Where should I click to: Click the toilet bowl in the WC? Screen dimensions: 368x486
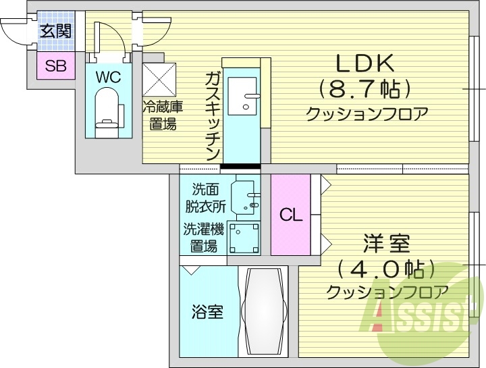(x=107, y=111)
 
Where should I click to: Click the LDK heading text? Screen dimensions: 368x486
(x=365, y=63)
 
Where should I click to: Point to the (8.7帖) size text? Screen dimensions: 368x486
(x=365, y=89)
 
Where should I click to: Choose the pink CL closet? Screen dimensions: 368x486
(x=291, y=215)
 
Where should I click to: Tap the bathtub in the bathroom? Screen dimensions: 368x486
(x=264, y=311)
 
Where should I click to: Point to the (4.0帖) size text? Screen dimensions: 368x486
(x=385, y=269)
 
